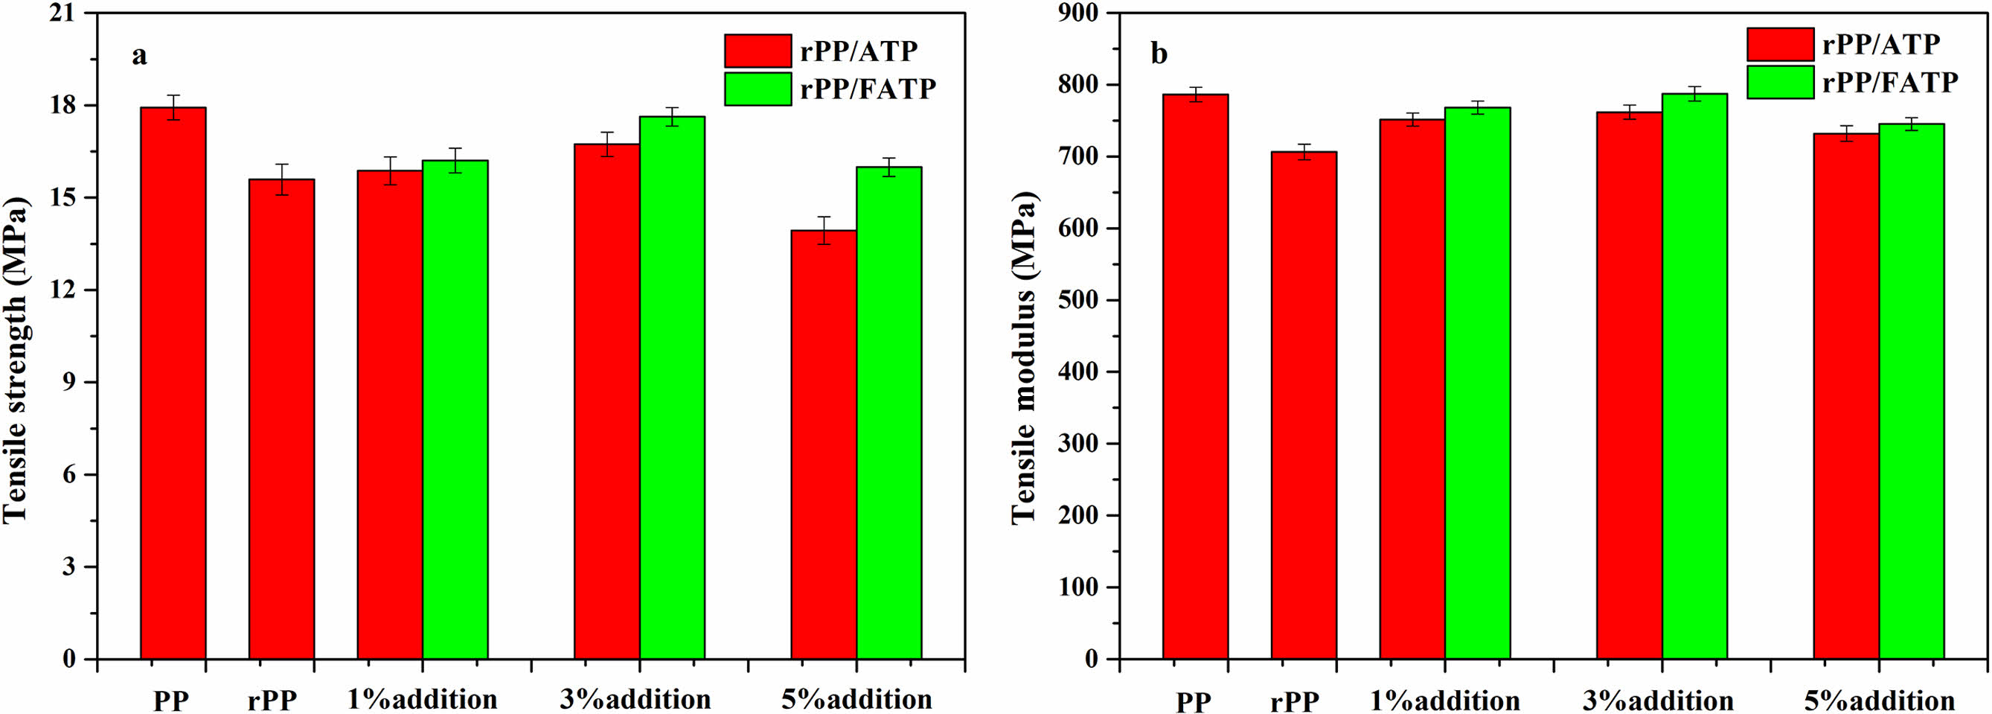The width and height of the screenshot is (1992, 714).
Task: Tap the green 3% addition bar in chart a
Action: pyautogui.click(x=672, y=387)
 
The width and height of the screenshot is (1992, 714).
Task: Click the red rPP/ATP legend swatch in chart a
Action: pyautogui.click(x=758, y=51)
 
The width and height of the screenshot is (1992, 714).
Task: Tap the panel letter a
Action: pyautogui.click(x=139, y=56)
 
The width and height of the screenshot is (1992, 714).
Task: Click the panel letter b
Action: pyautogui.click(x=1159, y=54)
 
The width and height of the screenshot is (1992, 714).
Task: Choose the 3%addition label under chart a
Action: pyautogui.click(x=635, y=699)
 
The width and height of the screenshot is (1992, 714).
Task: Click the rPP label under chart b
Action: pyautogui.click(x=1296, y=701)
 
